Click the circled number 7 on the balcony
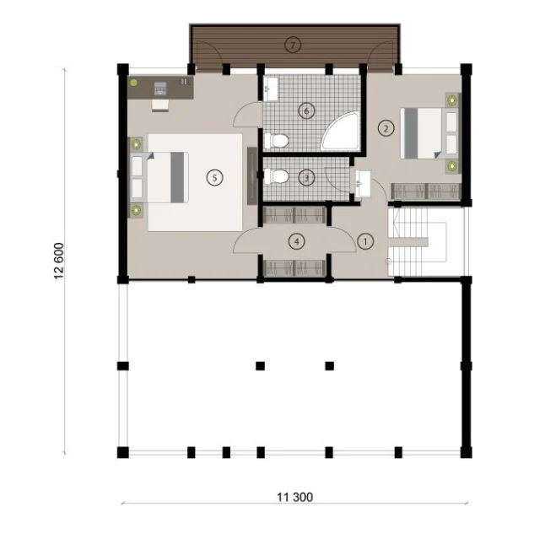(293, 45)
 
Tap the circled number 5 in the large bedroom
(215, 178)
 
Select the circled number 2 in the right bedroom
(386, 128)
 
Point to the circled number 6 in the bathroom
(307, 111)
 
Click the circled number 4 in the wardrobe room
(297, 242)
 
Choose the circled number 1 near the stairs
(365, 242)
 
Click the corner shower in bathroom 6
(341, 131)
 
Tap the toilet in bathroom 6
(276, 140)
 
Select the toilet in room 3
(276, 176)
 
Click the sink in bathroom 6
(271, 89)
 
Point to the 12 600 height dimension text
(59, 261)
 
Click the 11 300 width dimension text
(295, 497)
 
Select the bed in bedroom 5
(160, 178)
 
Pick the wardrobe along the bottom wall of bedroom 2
(426, 191)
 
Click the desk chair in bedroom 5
(160, 105)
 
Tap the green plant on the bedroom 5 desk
(133, 83)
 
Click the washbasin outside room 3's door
(363, 183)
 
